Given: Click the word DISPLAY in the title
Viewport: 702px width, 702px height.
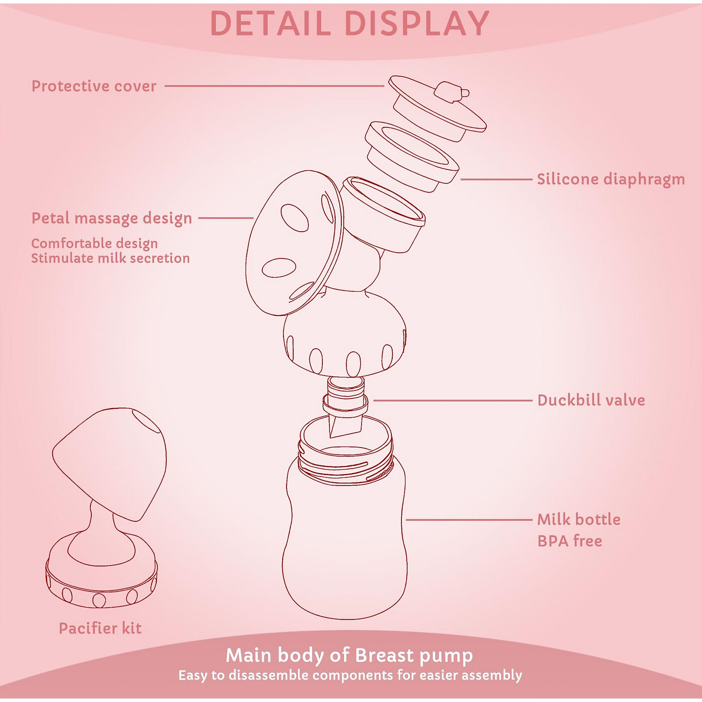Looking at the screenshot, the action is pyautogui.click(x=417, y=23).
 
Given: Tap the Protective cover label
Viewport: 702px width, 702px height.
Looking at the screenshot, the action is pyautogui.click(x=94, y=86).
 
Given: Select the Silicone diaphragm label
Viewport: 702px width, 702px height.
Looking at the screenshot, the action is pyautogui.click(x=611, y=180).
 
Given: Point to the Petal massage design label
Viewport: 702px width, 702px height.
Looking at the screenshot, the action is pyautogui.click(x=112, y=218).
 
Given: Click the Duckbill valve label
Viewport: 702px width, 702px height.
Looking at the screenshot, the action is pyautogui.click(x=591, y=401).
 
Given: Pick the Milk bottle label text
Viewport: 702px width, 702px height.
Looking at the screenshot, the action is pyautogui.click(x=579, y=519).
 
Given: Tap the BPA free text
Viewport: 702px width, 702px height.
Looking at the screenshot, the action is pyautogui.click(x=570, y=541).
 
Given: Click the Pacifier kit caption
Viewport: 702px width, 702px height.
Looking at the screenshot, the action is pyautogui.click(x=100, y=628).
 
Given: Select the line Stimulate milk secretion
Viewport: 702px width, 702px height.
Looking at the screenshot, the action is pyautogui.click(x=110, y=258).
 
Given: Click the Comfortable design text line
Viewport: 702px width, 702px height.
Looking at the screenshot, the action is pyautogui.click(x=94, y=244).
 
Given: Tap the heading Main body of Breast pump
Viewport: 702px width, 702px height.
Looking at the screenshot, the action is pyautogui.click(x=349, y=656).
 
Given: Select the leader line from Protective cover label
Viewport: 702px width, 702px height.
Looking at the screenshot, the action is pyautogui.click(x=274, y=86).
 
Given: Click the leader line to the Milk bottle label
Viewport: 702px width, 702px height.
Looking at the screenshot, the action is pyautogui.click(x=469, y=519).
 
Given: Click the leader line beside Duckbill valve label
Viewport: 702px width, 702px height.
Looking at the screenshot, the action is pyautogui.click(x=453, y=401).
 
